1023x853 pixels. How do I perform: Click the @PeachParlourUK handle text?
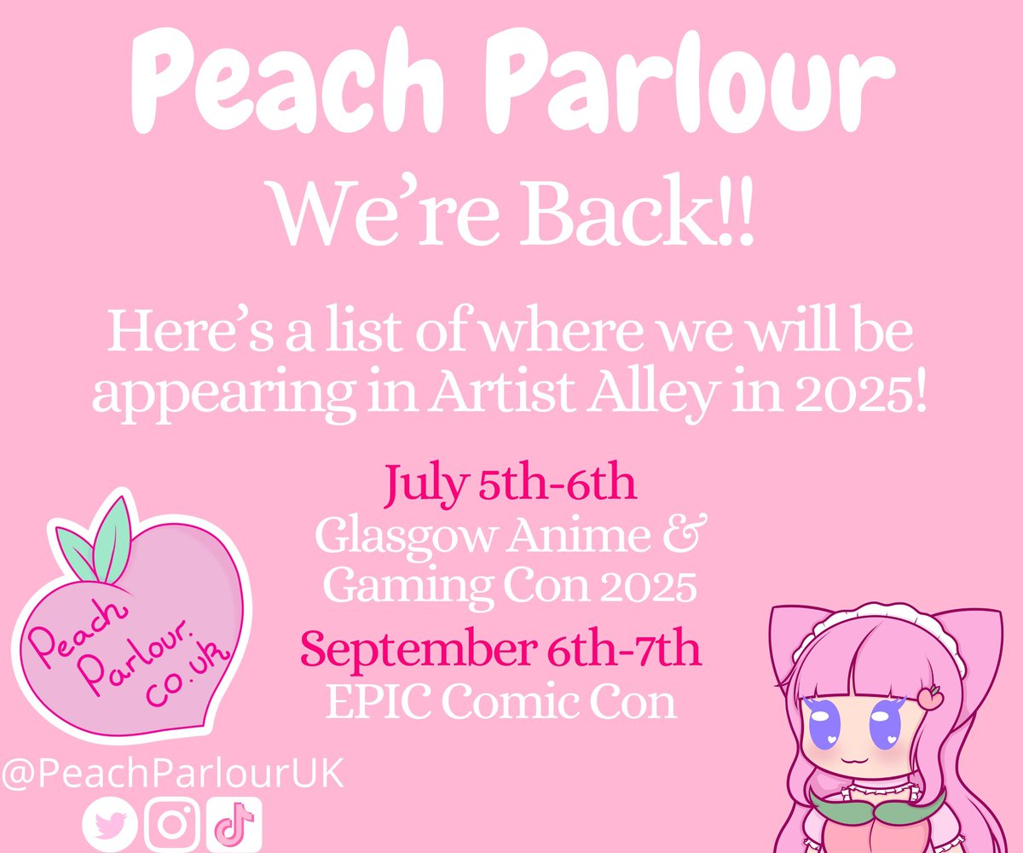pyautogui.click(x=172, y=776)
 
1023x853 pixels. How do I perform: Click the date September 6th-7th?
pyautogui.click(x=501, y=650)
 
